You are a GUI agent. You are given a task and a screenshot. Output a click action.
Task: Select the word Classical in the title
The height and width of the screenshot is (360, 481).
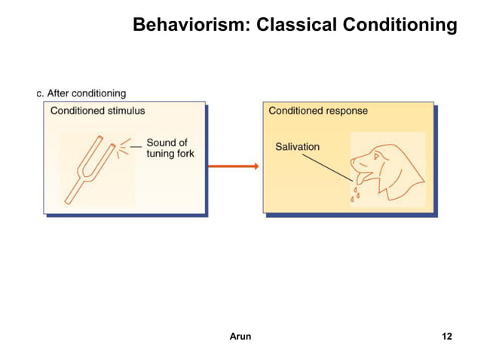297,26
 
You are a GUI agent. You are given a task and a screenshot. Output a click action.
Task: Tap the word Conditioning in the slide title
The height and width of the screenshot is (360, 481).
400,26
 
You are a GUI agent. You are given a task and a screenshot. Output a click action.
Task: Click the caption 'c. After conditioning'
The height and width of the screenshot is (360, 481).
81,93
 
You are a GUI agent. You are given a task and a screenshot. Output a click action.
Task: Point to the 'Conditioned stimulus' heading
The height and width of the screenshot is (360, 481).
97,111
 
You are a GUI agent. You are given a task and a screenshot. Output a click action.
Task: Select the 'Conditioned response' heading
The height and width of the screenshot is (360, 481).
318,111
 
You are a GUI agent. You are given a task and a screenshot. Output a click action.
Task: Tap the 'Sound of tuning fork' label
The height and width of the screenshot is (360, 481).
170,148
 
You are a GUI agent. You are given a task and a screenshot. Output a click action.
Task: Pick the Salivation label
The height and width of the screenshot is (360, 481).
297,146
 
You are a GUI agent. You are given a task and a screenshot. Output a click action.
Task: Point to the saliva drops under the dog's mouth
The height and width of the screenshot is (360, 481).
355,194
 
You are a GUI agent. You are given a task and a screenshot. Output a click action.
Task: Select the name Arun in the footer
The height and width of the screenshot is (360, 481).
240,336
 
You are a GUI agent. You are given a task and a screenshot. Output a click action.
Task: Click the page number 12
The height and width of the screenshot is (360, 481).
446,336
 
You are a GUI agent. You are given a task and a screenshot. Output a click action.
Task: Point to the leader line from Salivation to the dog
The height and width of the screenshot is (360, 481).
336,163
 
